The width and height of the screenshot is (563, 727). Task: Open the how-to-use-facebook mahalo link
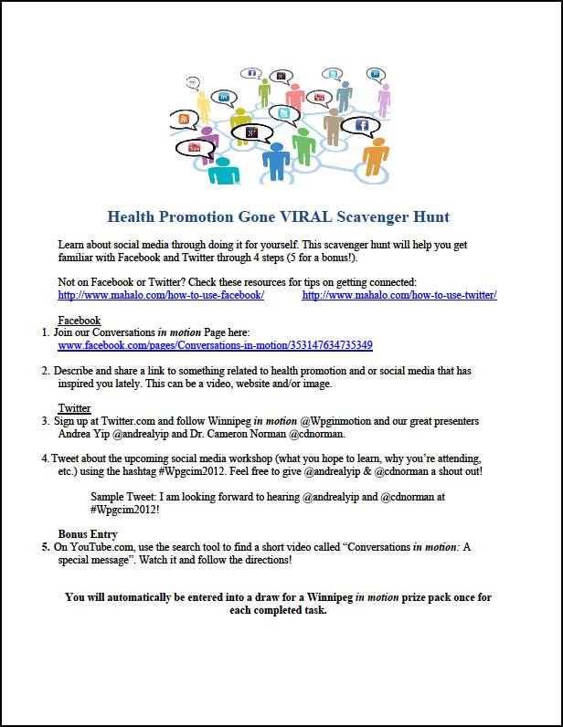[161, 295]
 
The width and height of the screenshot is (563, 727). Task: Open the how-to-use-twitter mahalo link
[399, 295]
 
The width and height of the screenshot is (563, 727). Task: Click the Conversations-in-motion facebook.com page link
[215, 346]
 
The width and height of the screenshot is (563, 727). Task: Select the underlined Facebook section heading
[79, 321]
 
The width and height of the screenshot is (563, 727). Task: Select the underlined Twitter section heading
[74, 408]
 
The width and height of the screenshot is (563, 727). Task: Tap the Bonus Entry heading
[87, 534]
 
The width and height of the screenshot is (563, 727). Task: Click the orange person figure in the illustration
[375, 155]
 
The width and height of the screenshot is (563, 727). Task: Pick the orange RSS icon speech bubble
[185, 120]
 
